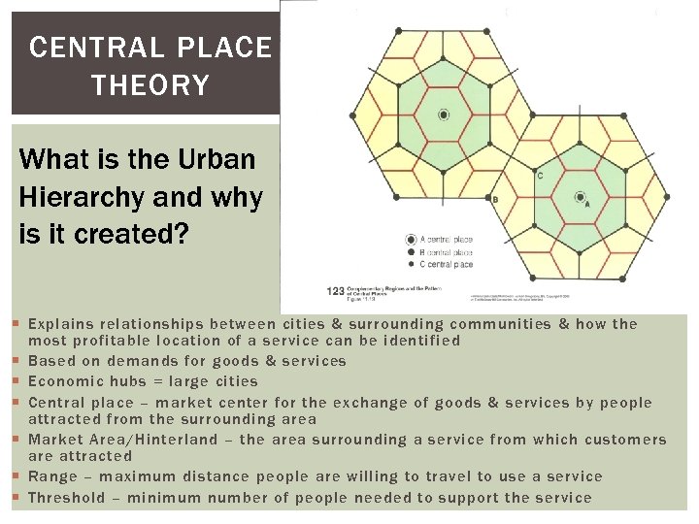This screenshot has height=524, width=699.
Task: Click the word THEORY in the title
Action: pos(150,85)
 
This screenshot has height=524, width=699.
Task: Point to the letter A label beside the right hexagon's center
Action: pos(587,205)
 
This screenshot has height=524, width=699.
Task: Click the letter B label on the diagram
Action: pos(495,200)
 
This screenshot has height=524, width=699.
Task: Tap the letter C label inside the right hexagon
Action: pos(540,176)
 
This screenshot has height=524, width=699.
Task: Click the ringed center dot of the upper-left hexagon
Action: pos(444,115)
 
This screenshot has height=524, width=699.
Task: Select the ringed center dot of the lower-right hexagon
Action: pos(580,197)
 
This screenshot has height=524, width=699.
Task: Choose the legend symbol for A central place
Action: pos(411,239)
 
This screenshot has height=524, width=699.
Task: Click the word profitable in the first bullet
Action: pos(113,341)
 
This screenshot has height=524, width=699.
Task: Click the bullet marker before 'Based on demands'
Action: pos(17,361)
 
